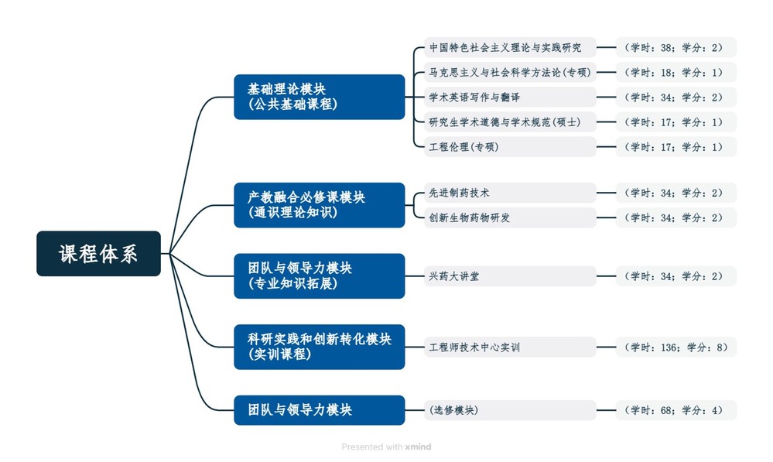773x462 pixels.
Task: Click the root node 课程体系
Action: coord(98,254)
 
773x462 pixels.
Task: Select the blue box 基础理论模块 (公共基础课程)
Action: coord(319,97)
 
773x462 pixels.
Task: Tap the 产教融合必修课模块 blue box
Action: coord(319,205)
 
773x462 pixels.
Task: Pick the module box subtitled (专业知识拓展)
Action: coord(319,275)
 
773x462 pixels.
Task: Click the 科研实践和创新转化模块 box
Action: coord(319,347)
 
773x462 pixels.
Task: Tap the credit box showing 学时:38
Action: coord(676,47)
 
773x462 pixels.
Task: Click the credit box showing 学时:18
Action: coord(676,72)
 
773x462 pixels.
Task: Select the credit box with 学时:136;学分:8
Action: coord(676,347)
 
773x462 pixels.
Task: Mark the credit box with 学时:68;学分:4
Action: coord(676,409)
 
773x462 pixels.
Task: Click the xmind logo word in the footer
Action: coord(419,447)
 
